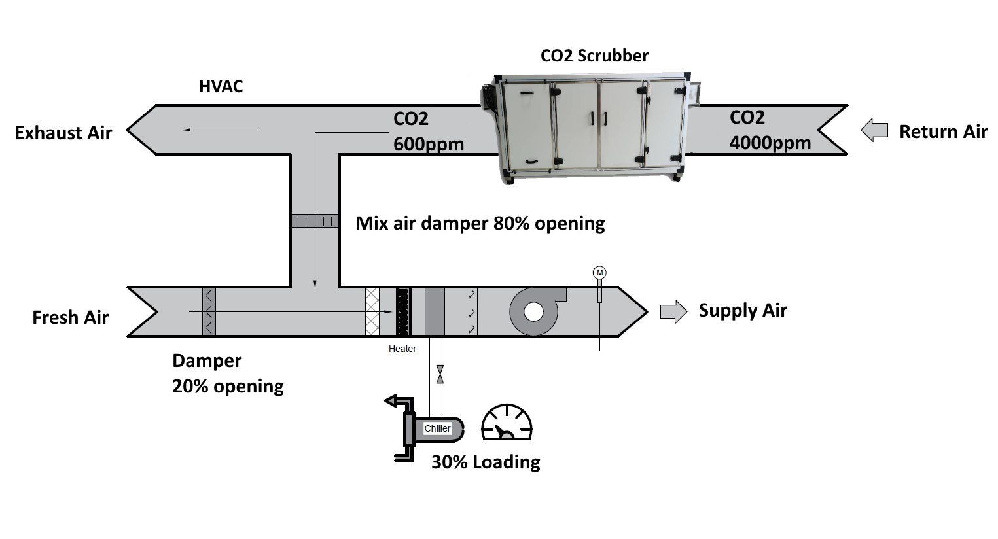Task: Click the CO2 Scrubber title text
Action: click(594, 56)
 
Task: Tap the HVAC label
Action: click(221, 86)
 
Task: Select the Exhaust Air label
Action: click(63, 133)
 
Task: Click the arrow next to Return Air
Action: click(874, 130)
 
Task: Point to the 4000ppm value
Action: click(770, 143)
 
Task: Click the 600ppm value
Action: click(428, 144)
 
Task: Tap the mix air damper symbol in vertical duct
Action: click(314, 221)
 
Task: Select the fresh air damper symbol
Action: click(209, 312)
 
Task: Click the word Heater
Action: click(402, 349)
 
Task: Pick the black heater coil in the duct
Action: click(403, 312)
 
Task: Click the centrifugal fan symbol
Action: click(535, 311)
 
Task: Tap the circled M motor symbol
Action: click(599, 273)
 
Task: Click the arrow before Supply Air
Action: click(673, 311)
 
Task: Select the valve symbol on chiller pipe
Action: click(440, 374)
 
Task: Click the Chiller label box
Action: click(437, 428)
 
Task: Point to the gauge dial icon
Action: click(507, 423)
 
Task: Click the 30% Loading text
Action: click(486, 462)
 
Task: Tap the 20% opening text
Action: click(228, 386)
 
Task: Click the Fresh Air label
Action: click(70, 318)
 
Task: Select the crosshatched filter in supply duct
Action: click(372, 312)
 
